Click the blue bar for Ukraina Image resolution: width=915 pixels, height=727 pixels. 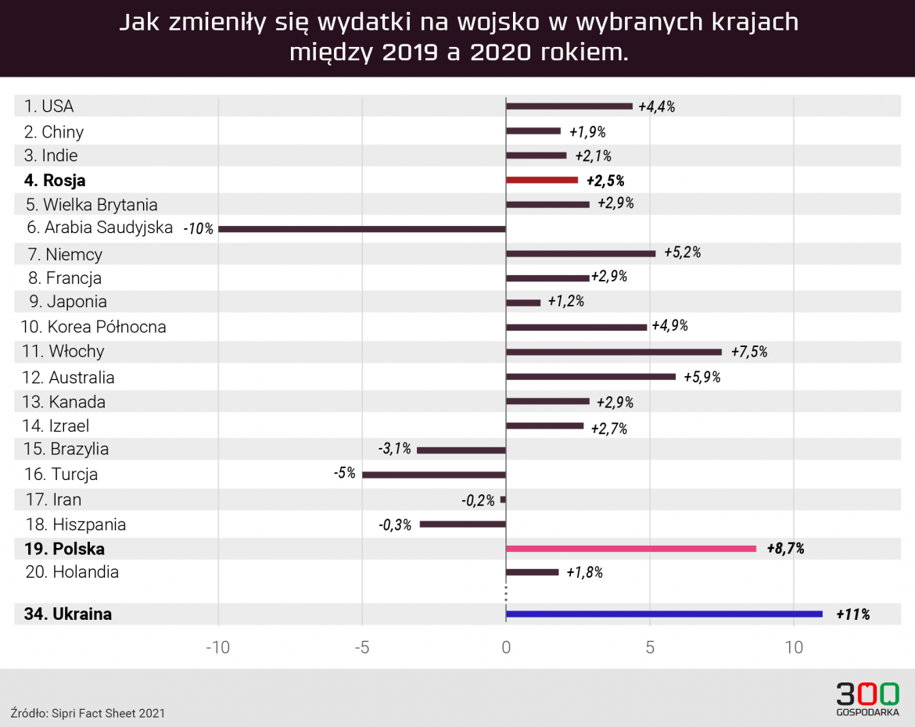664,614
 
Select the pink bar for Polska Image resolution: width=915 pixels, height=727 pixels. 631,549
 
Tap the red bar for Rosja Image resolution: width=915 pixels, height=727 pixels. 542,180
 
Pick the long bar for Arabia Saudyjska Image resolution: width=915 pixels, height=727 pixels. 362,229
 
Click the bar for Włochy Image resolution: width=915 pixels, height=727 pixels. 614,352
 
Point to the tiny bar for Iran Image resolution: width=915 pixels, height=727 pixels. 503,500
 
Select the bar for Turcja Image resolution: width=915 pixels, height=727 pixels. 434,475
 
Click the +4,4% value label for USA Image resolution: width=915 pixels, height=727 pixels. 656,107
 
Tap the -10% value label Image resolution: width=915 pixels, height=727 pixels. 198,230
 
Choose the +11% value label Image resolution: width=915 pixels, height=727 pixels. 852,614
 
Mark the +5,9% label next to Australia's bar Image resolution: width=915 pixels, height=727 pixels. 701,378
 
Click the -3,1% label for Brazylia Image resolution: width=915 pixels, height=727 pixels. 394,449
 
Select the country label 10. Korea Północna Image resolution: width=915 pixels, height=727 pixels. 95,327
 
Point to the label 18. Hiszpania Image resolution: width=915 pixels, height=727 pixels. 76,525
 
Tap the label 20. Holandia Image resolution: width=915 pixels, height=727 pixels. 72,572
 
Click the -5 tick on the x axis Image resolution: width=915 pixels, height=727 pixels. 361,647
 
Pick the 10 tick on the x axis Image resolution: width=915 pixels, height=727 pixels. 794,647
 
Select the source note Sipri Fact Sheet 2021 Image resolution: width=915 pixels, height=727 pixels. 88,713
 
